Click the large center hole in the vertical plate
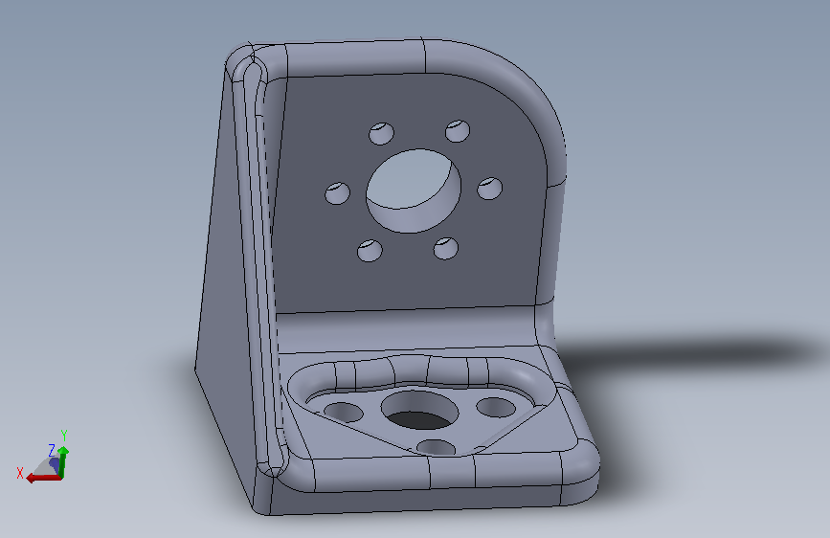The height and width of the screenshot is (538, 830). tap(414, 191)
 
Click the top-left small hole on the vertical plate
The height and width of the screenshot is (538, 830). tap(381, 133)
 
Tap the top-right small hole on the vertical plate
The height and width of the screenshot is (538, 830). tap(458, 131)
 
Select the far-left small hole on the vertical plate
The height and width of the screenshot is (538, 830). tap(337, 193)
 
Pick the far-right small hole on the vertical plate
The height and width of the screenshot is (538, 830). tap(489, 189)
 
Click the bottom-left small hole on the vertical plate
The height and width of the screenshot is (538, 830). tap(370, 251)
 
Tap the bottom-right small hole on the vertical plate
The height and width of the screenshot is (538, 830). tap(446, 248)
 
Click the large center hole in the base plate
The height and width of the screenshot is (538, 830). tap(419, 411)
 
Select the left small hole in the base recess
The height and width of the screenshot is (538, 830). tap(343, 412)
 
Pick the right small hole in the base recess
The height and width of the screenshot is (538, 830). tap(496, 407)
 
